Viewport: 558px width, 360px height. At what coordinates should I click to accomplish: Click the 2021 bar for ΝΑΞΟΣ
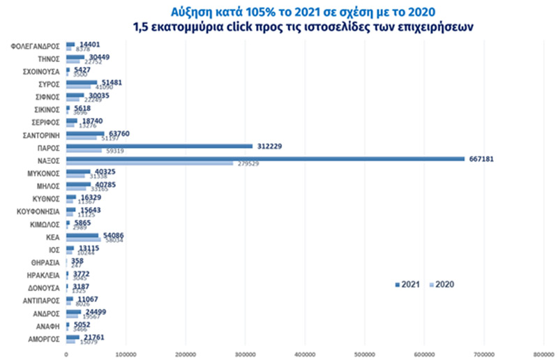click(x=265, y=159)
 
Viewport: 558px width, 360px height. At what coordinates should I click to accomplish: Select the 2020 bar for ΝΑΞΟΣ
click(x=150, y=163)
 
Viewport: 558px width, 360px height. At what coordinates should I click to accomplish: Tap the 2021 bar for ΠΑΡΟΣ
click(x=159, y=146)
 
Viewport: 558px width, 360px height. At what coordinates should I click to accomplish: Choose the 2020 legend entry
click(x=442, y=285)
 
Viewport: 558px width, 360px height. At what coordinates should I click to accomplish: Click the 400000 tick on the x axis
click(x=305, y=354)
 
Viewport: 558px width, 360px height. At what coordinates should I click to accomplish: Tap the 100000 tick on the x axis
click(x=126, y=354)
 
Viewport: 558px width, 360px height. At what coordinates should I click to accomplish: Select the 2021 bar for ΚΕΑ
click(x=82, y=235)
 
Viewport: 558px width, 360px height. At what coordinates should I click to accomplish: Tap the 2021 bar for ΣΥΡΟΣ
click(x=82, y=82)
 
